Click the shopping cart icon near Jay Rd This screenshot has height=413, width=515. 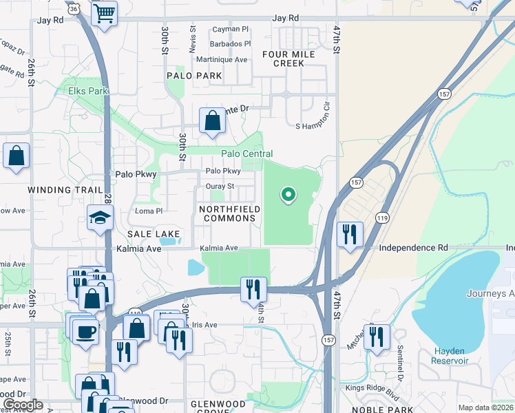103,12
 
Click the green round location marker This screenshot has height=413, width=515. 288,195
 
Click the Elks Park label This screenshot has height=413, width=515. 88,90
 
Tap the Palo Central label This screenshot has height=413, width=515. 246,153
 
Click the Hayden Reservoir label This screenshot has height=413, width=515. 450,355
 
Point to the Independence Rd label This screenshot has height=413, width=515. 414,247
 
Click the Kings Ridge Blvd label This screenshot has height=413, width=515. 373,388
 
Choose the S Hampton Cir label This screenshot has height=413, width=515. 317,126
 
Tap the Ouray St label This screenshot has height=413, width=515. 220,186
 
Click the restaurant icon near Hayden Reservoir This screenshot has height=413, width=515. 377,337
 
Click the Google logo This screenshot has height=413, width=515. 23,405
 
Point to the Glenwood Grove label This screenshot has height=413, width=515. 218,408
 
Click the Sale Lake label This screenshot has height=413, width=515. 158,234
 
